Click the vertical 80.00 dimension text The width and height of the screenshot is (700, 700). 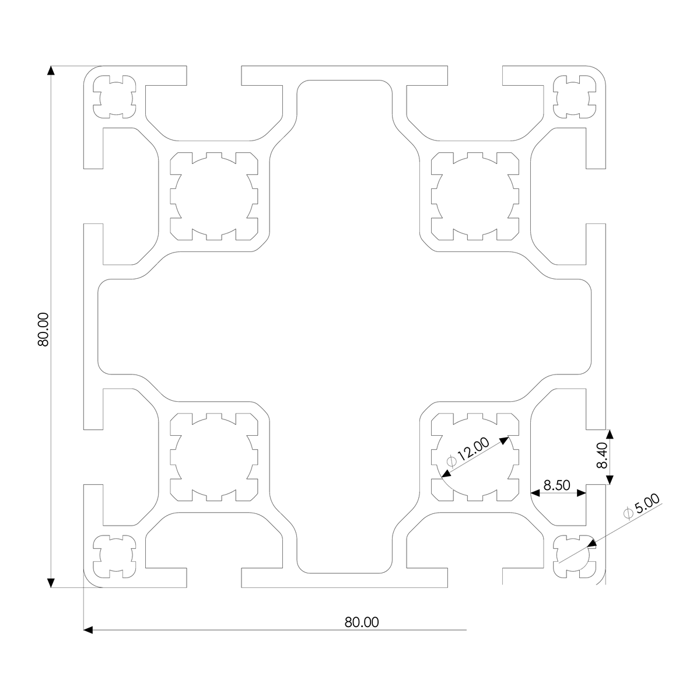pyautogui.click(x=43, y=330)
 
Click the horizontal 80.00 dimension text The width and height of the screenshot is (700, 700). pyautogui.click(x=362, y=622)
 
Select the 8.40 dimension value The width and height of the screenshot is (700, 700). pyautogui.click(x=602, y=456)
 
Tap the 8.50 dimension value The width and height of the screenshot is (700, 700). pyautogui.click(x=556, y=485)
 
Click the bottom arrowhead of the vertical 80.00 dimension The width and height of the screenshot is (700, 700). pyautogui.click(x=51, y=582)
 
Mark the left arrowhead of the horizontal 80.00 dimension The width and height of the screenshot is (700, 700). pyautogui.click(x=89, y=630)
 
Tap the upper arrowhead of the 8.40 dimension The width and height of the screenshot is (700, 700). pyautogui.click(x=610, y=434)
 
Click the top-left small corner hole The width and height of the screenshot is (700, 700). pyautogui.click(x=115, y=96)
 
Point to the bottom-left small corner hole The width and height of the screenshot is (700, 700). pyautogui.click(x=115, y=556)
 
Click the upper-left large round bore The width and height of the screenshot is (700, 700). pyautogui.click(x=213, y=196)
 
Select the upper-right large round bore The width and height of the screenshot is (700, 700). pyautogui.click(x=475, y=196)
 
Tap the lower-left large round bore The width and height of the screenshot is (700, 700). pyautogui.click(x=213, y=457)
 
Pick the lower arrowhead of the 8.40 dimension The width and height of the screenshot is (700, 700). pyautogui.click(x=610, y=480)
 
